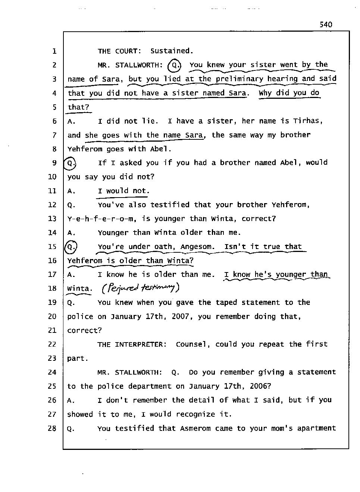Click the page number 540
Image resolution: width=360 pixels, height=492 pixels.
(325, 25)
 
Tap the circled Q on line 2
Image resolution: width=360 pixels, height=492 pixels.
(174, 65)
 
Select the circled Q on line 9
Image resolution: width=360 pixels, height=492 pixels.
(70, 163)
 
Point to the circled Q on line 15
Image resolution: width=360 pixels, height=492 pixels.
(71, 247)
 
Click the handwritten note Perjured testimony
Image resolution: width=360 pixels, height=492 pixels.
(141, 287)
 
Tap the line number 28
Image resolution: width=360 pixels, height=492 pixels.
(52, 428)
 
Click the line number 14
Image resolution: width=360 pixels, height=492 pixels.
(52, 233)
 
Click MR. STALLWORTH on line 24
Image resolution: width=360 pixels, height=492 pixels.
(130, 372)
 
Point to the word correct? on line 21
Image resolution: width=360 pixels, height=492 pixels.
(84, 331)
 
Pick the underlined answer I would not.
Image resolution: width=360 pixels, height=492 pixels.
(123, 191)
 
